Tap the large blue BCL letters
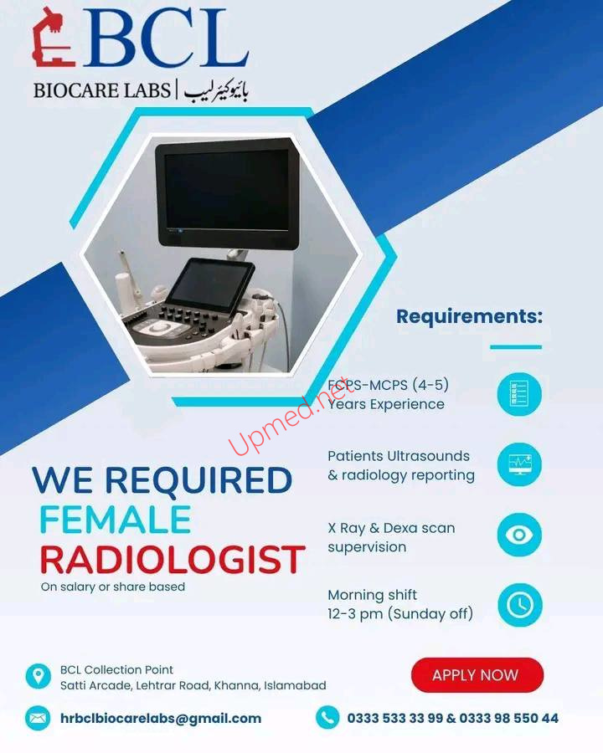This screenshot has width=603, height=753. point(166,38)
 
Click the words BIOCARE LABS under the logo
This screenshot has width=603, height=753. point(102,90)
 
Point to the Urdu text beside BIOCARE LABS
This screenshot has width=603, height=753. point(216,90)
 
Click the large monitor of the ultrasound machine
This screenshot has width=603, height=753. point(227,192)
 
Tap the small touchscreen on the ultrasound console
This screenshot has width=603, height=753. point(209,285)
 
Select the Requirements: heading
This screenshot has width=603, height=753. point(469,316)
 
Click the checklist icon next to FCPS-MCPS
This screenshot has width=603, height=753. point(519,394)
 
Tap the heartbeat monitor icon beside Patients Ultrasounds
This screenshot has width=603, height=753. point(519,464)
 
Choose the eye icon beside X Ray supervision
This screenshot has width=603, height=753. point(519,535)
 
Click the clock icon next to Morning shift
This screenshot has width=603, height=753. point(520,605)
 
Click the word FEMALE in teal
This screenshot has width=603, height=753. point(116,520)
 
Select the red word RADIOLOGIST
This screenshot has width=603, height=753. point(173,560)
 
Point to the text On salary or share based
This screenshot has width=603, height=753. point(113,587)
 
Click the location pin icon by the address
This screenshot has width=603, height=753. point(38,676)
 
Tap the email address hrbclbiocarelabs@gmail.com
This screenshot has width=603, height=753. point(161,719)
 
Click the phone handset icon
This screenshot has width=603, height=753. point(328,718)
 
